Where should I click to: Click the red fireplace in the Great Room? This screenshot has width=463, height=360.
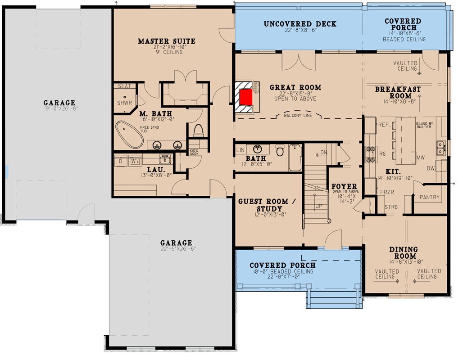pos(246,98)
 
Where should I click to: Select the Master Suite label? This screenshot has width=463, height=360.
pos(166,41)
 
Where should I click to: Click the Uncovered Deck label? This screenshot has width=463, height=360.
pos(300,24)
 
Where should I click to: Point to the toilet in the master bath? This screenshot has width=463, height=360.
pos(199,130)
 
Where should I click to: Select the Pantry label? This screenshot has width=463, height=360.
pos(430,197)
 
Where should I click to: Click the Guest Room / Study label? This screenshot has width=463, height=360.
pos(267,205)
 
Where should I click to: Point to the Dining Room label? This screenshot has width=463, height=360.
pos(403,252)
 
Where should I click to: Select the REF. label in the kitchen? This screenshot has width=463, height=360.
pos(384,125)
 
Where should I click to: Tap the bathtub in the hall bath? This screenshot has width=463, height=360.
pos(295,157)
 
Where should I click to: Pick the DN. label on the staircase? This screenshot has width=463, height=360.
pos(323,153)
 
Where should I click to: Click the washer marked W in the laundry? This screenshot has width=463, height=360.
pos(134,160)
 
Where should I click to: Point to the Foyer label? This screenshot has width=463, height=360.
pos(344,186)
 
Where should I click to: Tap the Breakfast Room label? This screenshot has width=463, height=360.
pos(398,92)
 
